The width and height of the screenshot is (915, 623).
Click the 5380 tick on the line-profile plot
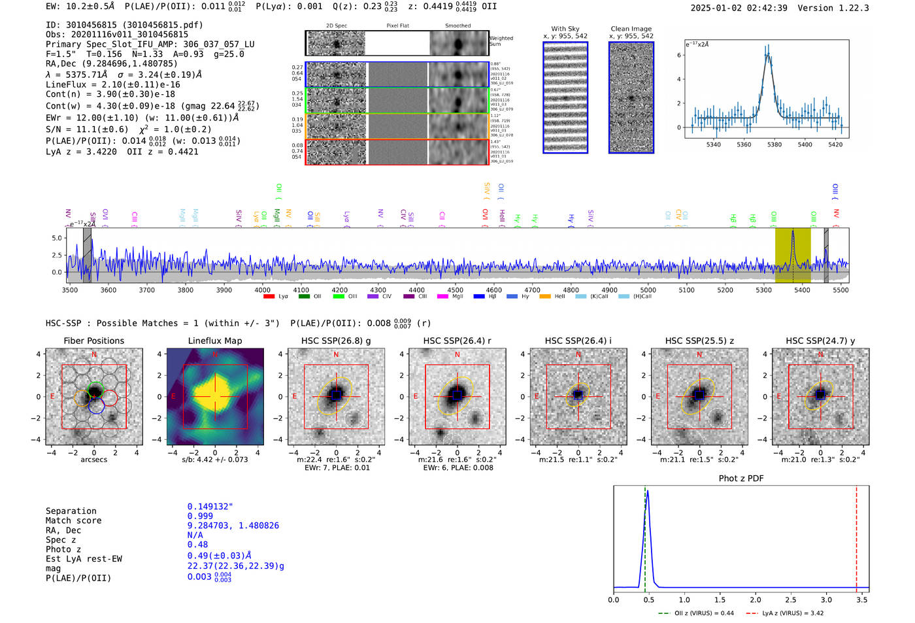pyautogui.click(x=774, y=144)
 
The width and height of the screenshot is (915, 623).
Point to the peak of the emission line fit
pyautogui.click(x=769, y=54)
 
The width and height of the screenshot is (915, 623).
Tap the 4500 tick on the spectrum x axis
pyautogui.click(x=455, y=290)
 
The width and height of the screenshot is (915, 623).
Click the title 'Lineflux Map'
pyautogui.click(x=215, y=341)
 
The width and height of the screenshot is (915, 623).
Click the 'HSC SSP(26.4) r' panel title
pyautogui.click(x=457, y=341)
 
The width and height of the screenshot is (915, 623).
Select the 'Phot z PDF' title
pyautogui.click(x=741, y=479)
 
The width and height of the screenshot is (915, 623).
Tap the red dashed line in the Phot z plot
pyautogui.click(x=856, y=536)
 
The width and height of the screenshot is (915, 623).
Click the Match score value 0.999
pyautogui.click(x=200, y=516)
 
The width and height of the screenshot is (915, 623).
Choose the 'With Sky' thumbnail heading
pyautogui.click(x=565, y=29)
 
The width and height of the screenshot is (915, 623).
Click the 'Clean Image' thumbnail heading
pyautogui.click(x=631, y=29)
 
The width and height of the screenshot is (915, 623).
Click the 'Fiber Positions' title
pyautogui.click(x=94, y=341)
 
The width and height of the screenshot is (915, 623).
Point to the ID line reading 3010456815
pyautogui.click(x=124, y=25)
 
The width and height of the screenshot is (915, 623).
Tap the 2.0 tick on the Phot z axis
pyautogui.click(x=756, y=599)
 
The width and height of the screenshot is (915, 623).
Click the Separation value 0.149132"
pyautogui.click(x=210, y=507)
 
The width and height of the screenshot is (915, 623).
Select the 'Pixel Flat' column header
pyautogui.click(x=397, y=26)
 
